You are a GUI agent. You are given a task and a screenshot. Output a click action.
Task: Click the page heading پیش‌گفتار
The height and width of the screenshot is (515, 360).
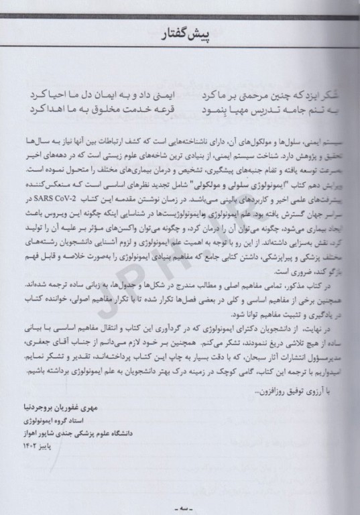click(182, 32)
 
